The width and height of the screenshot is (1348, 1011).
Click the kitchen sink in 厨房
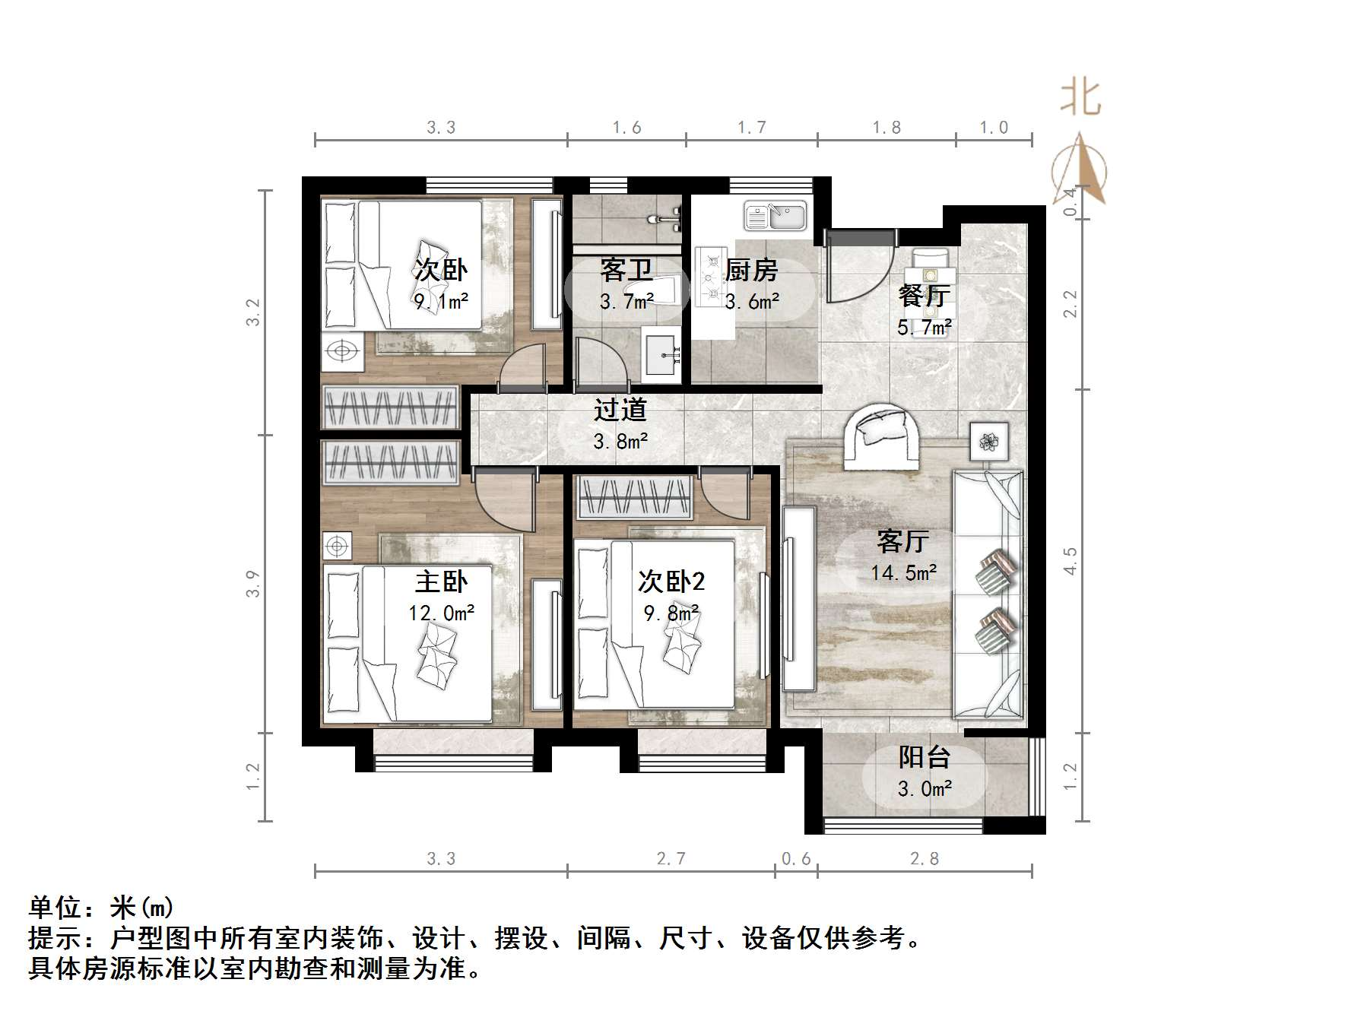(775, 216)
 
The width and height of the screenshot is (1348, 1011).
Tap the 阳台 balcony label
(924, 757)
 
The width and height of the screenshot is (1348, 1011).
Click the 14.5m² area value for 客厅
(903, 572)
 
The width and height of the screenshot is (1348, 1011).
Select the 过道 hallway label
(620, 410)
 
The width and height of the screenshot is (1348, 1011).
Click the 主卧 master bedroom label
(441, 582)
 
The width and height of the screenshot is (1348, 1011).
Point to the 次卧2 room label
(671, 582)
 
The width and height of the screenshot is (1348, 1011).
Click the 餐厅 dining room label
(924, 296)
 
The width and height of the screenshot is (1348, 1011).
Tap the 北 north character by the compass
(1080, 99)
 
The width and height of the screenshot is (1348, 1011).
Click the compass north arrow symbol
(1080, 171)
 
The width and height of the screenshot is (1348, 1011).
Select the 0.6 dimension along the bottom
(796, 859)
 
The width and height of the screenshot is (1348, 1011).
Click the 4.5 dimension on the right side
(1070, 561)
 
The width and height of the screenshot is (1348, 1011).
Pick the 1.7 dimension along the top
(751, 128)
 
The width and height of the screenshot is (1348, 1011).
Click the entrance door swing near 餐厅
(859, 266)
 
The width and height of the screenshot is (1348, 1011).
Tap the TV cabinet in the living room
(799, 598)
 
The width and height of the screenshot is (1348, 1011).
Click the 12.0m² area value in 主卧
(441, 613)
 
